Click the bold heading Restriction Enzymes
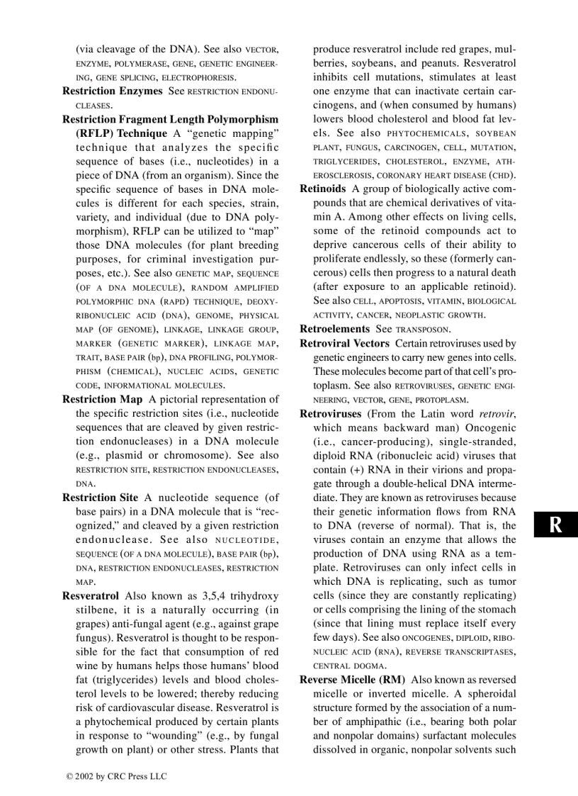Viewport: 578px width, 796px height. pyautogui.click(x=113, y=91)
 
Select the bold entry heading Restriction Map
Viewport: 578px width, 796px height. pyautogui.click(x=102, y=400)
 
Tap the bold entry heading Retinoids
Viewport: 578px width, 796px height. pyautogui.click(x=323, y=189)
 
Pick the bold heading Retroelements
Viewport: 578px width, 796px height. pyautogui.click(x=335, y=330)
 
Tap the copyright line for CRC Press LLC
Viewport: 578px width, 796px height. pyautogui.click(x=116, y=777)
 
